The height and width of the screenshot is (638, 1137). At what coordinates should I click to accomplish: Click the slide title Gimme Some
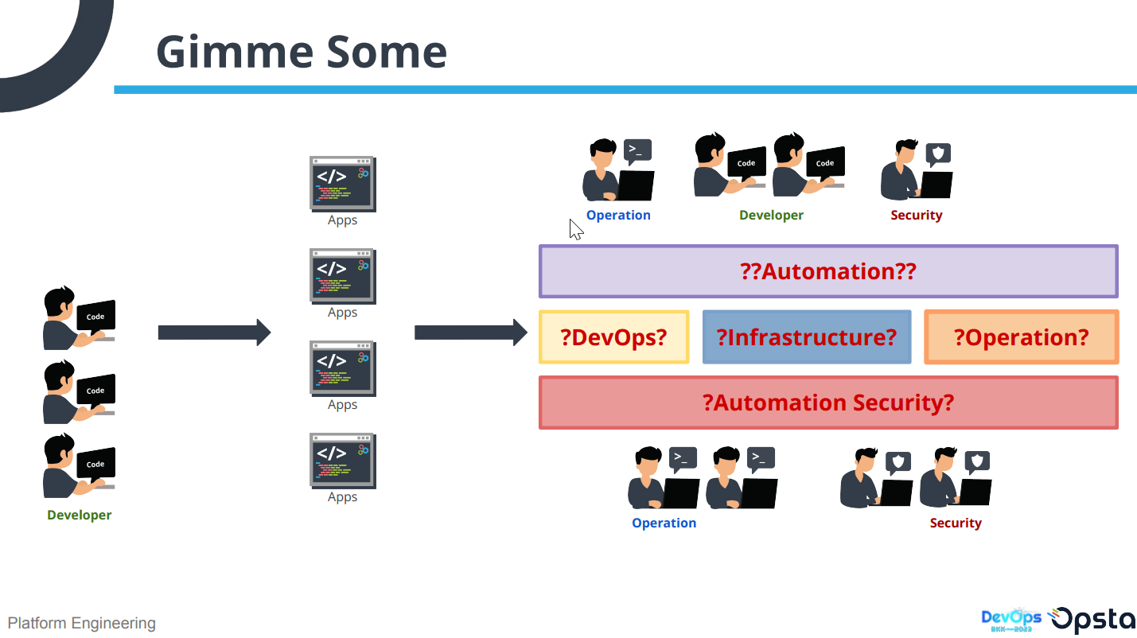(302, 52)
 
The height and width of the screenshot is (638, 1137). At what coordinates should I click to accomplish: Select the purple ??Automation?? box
(828, 271)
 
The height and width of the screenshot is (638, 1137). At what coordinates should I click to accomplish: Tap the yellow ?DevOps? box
(613, 337)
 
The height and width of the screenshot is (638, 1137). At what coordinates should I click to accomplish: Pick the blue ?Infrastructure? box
(806, 337)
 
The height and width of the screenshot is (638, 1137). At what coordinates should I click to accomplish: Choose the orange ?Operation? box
(1021, 337)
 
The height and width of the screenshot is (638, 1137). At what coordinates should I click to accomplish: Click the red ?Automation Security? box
(828, 403)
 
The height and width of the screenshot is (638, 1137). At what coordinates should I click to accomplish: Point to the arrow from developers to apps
(214, 333)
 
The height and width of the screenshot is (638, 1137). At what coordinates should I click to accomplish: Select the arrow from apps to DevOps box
(470, 333)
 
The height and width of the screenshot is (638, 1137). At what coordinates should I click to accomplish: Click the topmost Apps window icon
(342, 184)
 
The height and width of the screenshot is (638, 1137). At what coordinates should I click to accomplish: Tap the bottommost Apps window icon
(342, 461)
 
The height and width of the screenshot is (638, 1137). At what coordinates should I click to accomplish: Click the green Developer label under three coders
(80, 515)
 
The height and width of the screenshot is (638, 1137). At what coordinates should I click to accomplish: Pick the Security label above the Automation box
(917, 215)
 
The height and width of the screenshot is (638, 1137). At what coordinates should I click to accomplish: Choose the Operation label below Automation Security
(664, 523)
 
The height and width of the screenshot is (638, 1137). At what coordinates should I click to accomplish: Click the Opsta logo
(1092, 620)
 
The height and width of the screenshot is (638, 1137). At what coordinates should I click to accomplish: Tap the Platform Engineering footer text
(82, 623)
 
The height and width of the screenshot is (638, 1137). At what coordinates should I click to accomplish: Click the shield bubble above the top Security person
(939, 154)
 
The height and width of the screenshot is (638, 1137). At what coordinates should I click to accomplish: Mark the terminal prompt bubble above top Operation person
(637, 150)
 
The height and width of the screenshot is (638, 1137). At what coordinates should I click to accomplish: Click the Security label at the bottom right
(956, 523)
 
